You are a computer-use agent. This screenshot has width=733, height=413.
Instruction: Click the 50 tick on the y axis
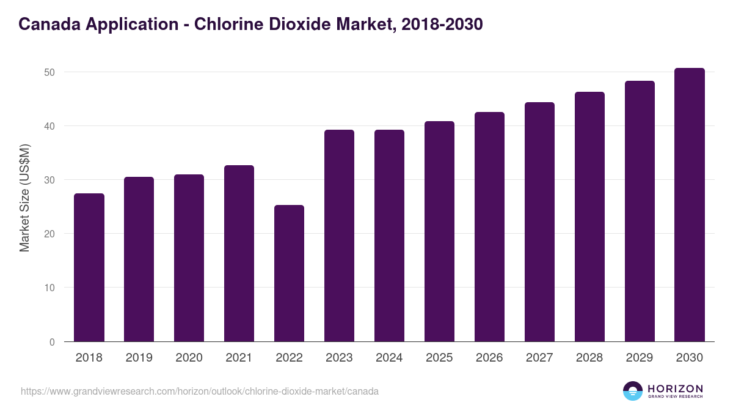[x=49, y=72]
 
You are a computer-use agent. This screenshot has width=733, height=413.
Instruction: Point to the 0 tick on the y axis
[x=52, y=342]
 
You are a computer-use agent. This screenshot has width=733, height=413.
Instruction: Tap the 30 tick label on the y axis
[x=49, y=180]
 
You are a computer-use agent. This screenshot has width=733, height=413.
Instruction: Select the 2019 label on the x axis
[x=139, y=358]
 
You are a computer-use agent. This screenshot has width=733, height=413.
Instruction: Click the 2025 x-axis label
[x=439, y=358]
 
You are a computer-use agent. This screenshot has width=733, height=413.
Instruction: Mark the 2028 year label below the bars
[x=589, y=358]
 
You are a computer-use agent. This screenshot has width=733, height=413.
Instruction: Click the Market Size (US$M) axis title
[x=25, y=198]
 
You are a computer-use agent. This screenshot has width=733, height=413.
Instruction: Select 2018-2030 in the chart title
[x=443, y=24]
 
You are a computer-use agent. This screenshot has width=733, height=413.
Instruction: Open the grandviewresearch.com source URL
[x=200, y=391]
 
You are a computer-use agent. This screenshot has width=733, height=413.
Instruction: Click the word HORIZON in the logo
[x=675, y=389]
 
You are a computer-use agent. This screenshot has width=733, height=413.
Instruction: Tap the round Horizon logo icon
[x=633, y=391]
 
